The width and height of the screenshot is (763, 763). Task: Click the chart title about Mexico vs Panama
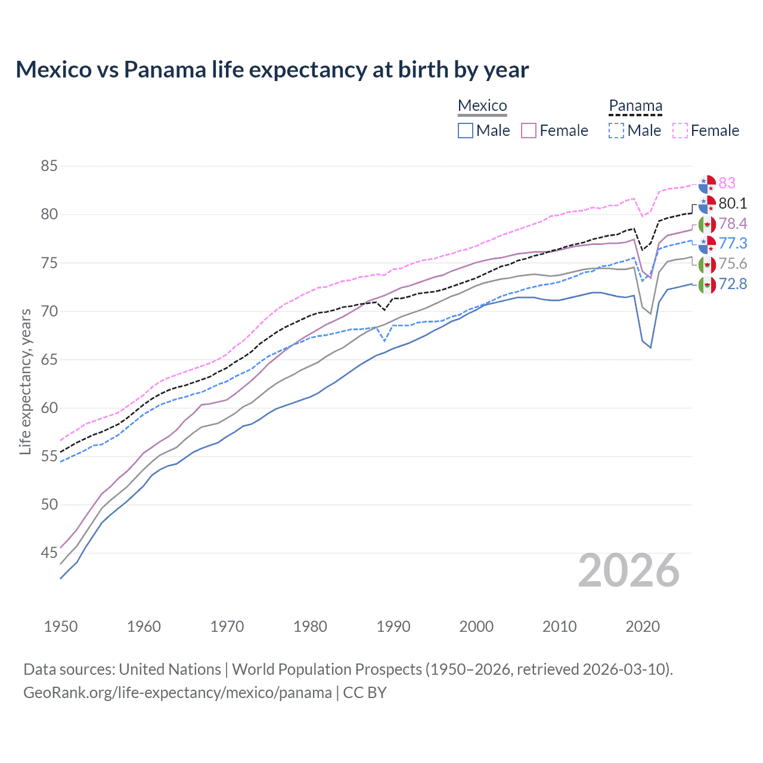272,70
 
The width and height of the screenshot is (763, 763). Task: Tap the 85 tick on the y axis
49,166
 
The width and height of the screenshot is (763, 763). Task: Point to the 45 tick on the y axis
49,553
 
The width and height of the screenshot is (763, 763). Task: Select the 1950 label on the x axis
61,626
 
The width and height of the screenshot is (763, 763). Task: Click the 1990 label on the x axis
393,626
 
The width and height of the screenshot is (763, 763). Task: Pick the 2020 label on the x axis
643,626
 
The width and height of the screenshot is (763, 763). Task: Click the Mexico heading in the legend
482,106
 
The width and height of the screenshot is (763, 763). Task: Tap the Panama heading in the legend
635,106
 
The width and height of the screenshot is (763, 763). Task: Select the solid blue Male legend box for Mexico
466,131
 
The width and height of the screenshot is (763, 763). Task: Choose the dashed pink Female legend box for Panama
680,131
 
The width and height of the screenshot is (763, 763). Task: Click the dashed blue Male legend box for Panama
616,131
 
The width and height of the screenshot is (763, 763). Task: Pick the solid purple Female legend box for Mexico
529,131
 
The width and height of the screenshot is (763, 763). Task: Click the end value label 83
727,183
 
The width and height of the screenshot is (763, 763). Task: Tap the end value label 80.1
733,203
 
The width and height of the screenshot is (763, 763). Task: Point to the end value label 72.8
733,284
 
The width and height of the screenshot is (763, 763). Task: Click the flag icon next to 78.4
707,224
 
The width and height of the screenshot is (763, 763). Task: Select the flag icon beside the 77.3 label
707,244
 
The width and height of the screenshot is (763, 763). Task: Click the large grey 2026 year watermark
629,570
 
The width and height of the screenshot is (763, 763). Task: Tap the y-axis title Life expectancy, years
25,381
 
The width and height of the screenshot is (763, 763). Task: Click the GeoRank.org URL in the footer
178,693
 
